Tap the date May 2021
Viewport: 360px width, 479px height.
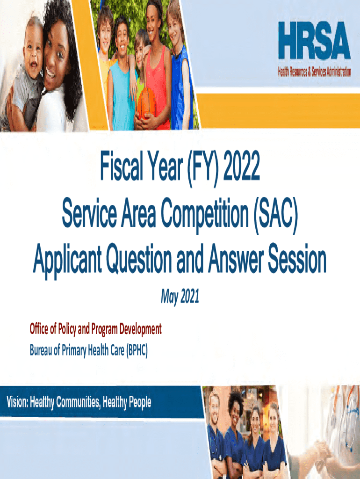pos(180,296)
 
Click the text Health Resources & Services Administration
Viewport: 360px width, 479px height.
pos(314,72)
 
